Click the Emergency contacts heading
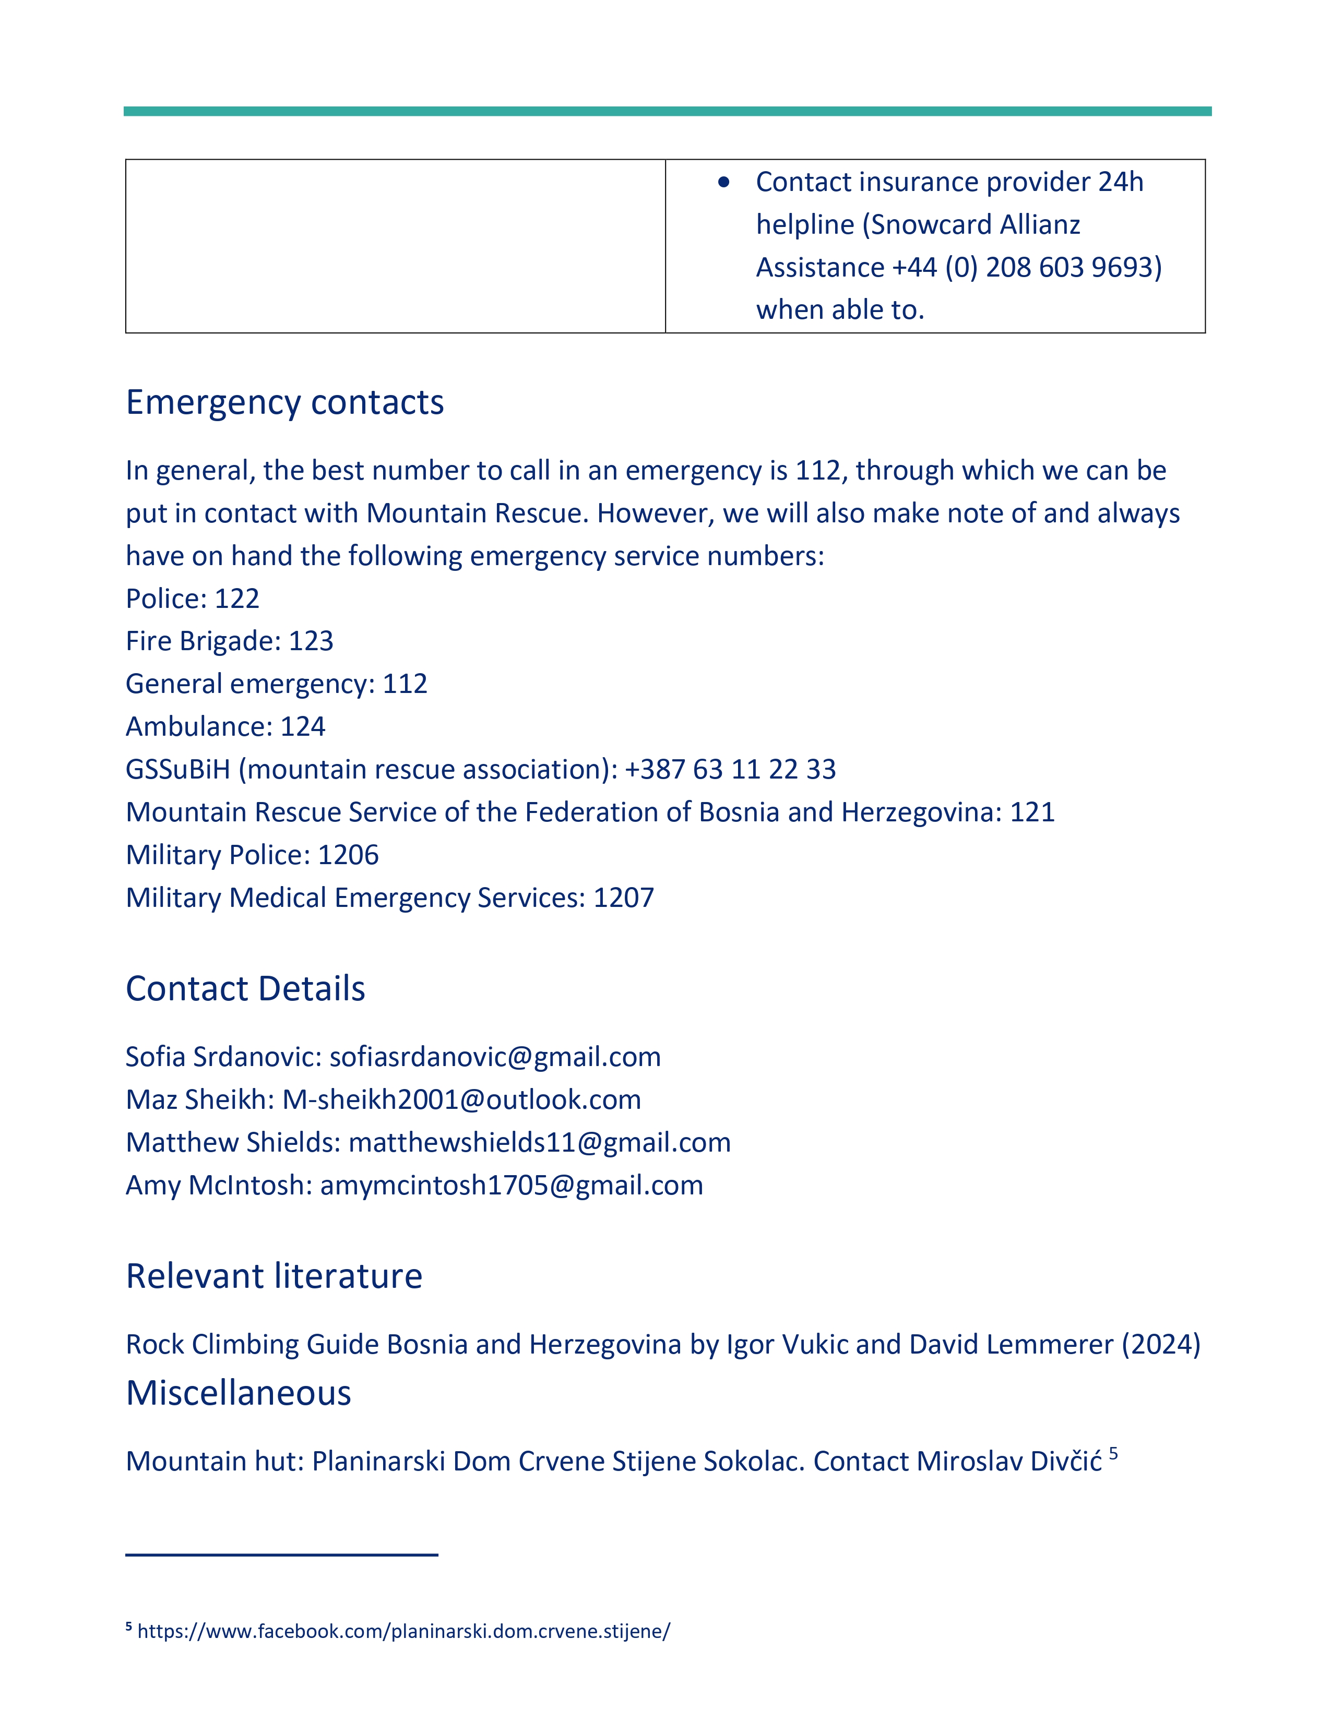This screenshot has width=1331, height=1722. (x=284, y=403)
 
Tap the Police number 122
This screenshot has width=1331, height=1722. (x=236, y=599)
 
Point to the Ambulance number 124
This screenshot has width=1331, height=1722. (x=303, y=726)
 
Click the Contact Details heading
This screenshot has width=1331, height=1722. (x=245, y=989)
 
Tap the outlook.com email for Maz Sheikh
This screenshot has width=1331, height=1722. (x=462, y=1100)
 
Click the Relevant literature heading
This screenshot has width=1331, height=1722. (x=274, y=1276)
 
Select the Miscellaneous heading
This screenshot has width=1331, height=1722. (x=238, y=1393)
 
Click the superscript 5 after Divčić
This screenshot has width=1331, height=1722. (x=1113, y=1453)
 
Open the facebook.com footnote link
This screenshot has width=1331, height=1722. (x=403, y=1631)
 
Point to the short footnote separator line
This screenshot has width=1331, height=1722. (x=281, y=1555)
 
